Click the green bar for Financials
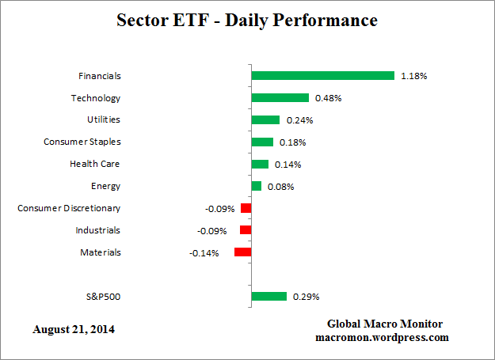(x=322, y=76)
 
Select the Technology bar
(x=280, y=98)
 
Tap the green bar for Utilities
(x=265, y=120)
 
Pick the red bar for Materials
(x=242, y=252)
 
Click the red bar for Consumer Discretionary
(x=246, y=208)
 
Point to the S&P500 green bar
(x=268, y=297)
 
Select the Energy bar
(x=256, y=186)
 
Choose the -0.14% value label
(x=204, y=252)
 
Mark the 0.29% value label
(x=305, y=297)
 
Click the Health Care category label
(x=95, y=164)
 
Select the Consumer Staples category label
(x=82, y=142)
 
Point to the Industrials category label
(x=97, y=230)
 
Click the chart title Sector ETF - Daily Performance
(x=246, y=21)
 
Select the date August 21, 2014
(x=74, y=328)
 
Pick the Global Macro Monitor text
(x=385, y=324)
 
